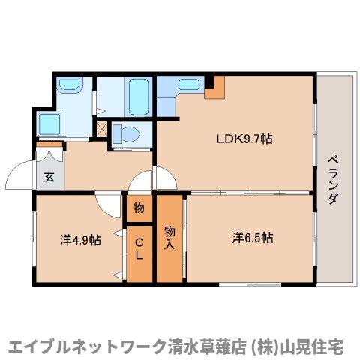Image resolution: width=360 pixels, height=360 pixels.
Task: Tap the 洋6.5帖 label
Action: coord(252,238)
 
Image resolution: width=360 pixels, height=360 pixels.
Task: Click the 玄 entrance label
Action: coord(49,178)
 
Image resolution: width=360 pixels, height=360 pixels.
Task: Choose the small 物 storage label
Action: coord(139,208)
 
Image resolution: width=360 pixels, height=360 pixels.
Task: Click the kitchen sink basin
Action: coord(169,88)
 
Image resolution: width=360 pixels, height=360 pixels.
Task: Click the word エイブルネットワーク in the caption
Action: coord(79,346)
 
